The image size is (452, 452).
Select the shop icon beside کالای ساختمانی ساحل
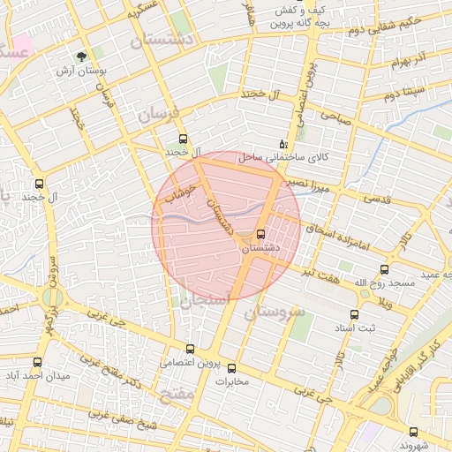[282, 142]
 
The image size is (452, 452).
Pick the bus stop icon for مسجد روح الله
[384, 269]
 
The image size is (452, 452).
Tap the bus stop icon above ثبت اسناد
[354, 314]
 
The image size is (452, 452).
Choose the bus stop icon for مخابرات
[232, 368]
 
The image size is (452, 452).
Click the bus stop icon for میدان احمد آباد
[37, 362]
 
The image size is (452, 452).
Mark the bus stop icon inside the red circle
[260, 235]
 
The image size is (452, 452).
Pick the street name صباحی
[335, 116]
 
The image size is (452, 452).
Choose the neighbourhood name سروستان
[273, 312]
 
